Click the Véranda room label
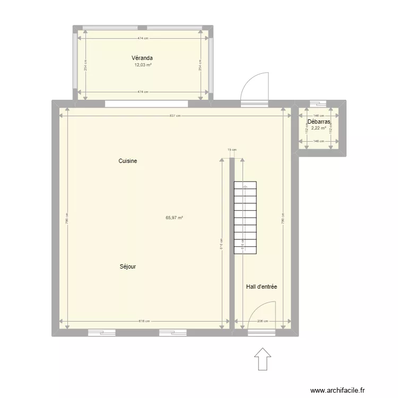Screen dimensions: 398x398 [x=142, y=58]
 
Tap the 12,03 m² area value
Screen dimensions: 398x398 [x=143, y=65]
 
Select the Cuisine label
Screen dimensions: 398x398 [x=128, y=161]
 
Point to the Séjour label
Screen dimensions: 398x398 [x=128, y=266]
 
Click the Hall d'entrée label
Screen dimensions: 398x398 [x=262, y=287]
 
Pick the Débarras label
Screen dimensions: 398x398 [x=319, y=122]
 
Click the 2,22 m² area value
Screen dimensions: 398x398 [x=319, y=128]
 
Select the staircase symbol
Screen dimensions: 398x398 [x=245, y=218]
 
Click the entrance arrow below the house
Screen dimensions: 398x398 [x=262, y=359]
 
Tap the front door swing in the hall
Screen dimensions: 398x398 [x=263, y=315]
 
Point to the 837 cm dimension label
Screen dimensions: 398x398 [x=175, y=116]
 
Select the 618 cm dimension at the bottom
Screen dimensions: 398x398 [x=144, y=321]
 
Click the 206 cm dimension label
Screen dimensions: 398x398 [x=262, y=321]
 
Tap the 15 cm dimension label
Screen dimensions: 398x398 [x=231, y=150]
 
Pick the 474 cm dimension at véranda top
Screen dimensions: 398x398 [x=142, y=38]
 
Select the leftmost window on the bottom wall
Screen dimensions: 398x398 [x=101, y=333]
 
